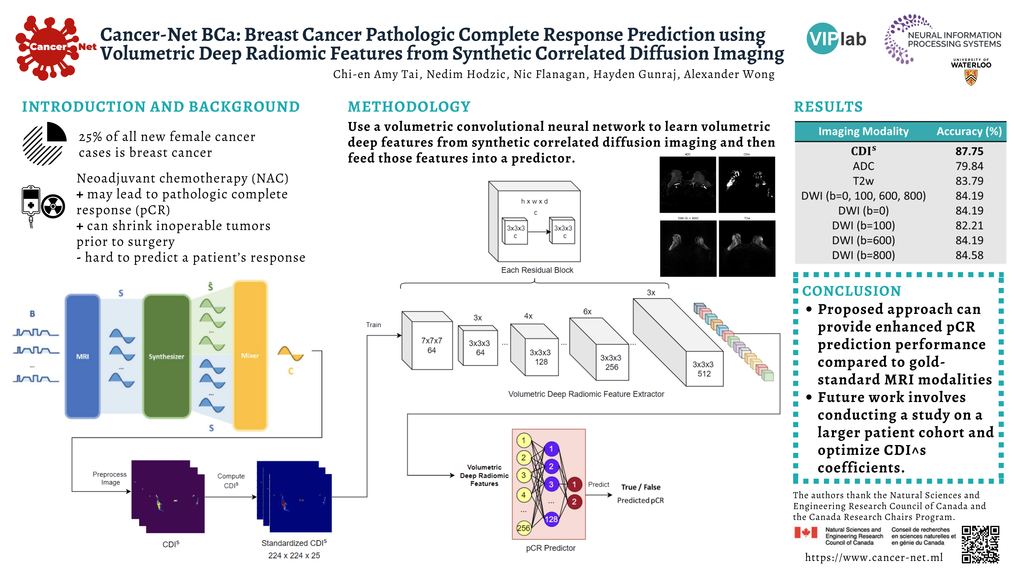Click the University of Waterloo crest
coord(971,77)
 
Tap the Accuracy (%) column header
coord(969,131)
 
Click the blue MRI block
coord(82,356)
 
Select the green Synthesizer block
coord(167,356)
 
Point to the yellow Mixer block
coord(250,355)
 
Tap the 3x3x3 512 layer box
coord(704,369)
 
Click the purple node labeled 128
coord(551,519)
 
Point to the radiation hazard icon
coord(53,206)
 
